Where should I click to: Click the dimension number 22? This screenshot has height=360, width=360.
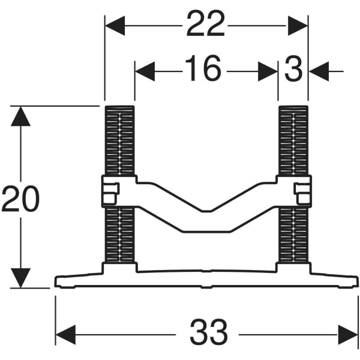[206, 25]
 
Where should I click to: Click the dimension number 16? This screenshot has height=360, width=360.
[202, 70]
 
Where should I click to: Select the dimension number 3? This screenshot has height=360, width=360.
[293, 70]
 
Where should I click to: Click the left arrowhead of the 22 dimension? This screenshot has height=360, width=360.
[115, 25]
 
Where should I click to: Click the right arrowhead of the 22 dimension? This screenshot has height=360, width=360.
[298, 25]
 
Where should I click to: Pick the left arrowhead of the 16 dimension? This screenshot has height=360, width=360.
[145, 71]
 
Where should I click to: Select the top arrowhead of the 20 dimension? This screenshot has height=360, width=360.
[21, 116]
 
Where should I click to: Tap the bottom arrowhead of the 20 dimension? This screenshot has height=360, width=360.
[21, 278]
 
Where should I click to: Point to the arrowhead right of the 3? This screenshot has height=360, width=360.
[319, 71]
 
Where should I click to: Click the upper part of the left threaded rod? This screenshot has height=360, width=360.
[119, 140]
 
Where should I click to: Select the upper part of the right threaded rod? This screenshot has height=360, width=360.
[293, 140]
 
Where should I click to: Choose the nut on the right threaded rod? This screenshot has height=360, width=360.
[302, 192]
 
